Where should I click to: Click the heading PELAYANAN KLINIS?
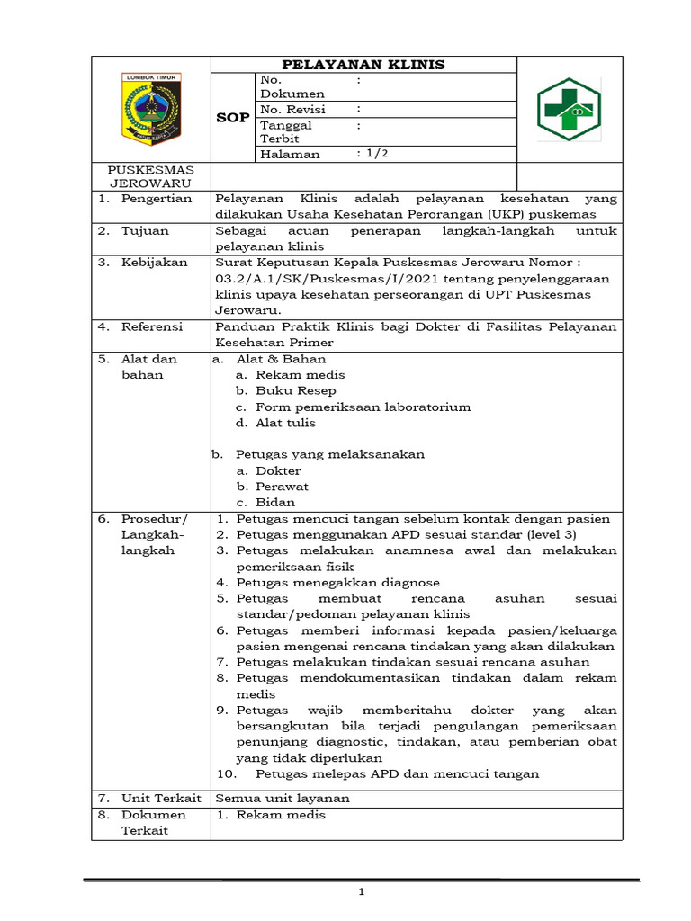click(363, 65)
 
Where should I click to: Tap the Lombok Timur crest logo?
click(150, 109)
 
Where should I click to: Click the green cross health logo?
click(569, 109)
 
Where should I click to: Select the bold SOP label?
click(233, 118)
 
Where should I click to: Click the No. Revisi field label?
click(292, 110)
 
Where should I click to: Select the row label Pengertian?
click(157, 199)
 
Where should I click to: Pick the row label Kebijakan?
click(155, 263)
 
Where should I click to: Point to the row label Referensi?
click(152, 326)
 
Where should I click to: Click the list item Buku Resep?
click(295, 391)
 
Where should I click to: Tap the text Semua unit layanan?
click(283, 799)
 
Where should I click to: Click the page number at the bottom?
click(361, 892)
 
